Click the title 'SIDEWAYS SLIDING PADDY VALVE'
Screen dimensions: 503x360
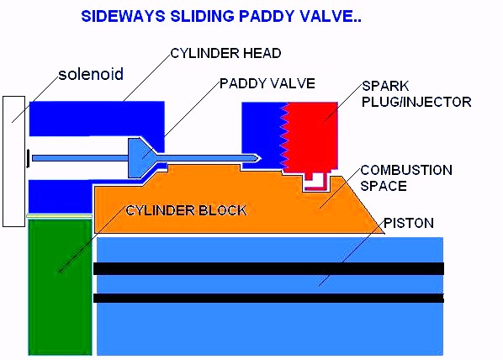pos(221,16)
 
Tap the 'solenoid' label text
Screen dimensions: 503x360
pos(91,74)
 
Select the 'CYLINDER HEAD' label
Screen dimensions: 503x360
pos(225,53)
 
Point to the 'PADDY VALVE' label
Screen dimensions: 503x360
pos(267,83)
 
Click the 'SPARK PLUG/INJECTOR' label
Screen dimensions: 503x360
pos(416,93)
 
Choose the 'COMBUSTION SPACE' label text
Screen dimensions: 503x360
pos(406,177)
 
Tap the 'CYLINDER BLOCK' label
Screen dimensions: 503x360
pos(186,210)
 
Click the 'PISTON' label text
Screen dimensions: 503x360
pos(409,223)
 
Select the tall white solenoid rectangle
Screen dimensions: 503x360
pos(13,161)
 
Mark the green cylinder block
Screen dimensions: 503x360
pos(60,287)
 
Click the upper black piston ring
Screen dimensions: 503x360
pos(269,268)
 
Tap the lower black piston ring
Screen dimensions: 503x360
pos(269,298)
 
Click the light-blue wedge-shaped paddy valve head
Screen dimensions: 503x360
pos(141,158)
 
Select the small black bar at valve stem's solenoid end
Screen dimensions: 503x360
pos(29,158)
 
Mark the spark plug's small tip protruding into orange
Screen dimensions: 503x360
pos(315,183)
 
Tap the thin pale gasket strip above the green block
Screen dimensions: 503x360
pos(59,216)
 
